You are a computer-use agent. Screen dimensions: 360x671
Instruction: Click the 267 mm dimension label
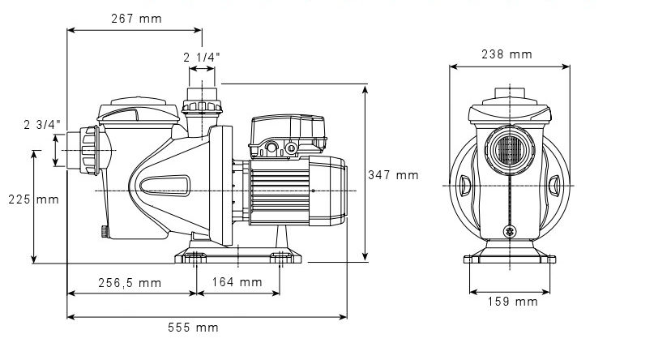pyautogui.click(x=134, y=19)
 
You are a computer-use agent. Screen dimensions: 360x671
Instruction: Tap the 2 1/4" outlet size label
pyautogui.click(x=201, y=57)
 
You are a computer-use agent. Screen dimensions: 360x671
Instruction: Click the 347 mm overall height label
pyautogui.click(x=393, y=174)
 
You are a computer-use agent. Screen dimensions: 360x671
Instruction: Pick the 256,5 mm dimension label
pyautogui.click(x=129, y=283)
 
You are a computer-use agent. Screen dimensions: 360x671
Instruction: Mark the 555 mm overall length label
pyautogui.click(x=194, y=328)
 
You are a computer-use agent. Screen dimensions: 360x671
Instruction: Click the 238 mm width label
pyautogui.click(x=507, y=55)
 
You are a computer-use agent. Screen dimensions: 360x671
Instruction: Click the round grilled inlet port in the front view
pyautogui.click(x=509, y=151)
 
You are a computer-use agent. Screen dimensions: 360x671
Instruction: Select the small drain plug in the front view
pyautogui.click(x=510, y=230)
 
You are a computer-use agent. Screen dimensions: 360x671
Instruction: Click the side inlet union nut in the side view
pyautogui.click(x=88, y=150)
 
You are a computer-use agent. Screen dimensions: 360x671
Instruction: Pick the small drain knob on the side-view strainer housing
pyautogui.click(x=106, y=231)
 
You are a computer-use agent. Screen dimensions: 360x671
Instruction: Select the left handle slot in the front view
pyautogui.click(x=465, y=186)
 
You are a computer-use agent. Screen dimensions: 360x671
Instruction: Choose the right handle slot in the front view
pyautogui.click(x=554, y=186)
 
